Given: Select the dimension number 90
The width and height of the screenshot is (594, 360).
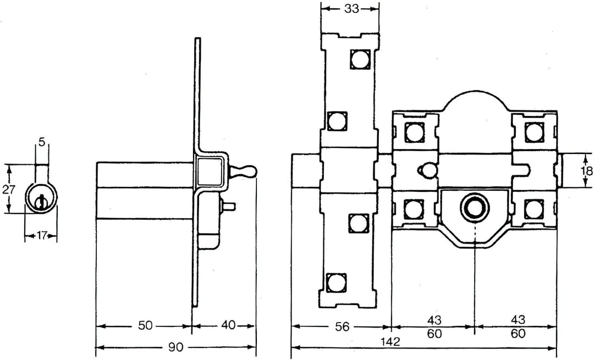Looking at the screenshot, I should coord(176,347).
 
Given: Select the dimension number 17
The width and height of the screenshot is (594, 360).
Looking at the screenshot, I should coord(41,236).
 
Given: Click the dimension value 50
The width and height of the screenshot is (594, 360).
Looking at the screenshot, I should coord(145,326).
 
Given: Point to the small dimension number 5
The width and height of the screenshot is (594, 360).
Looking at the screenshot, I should coord(41,143).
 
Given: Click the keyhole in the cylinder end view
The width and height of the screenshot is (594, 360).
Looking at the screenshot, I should coord(40,202).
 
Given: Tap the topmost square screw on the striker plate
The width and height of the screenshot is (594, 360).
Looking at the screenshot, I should coord(360,59).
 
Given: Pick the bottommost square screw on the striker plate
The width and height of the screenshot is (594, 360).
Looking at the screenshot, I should coord(336,283).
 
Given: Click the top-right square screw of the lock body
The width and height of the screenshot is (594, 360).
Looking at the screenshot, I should coord(533,132).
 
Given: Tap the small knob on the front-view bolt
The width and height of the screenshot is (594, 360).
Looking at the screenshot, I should coord(424,171).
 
